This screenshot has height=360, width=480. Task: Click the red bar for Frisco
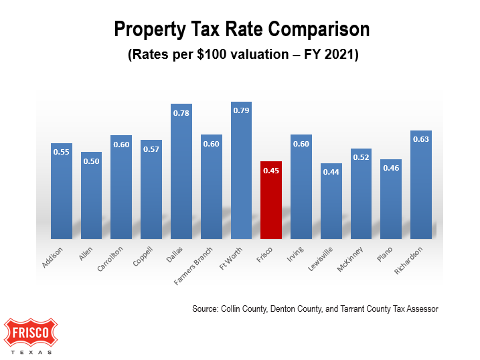tap(271, 201)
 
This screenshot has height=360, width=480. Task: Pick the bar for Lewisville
tap(331, 201)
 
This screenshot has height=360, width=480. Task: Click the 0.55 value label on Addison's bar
tap(62, 152)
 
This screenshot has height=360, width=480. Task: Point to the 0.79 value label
tap(241, 111)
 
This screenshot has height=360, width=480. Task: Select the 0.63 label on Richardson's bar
tap(421, 139)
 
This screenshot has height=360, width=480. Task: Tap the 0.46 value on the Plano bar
tap(391, 168)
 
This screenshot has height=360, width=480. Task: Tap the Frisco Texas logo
tap(31, 335)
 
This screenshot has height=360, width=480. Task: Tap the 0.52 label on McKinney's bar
tap(361, 157)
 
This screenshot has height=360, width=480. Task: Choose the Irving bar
tap(301, 187)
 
